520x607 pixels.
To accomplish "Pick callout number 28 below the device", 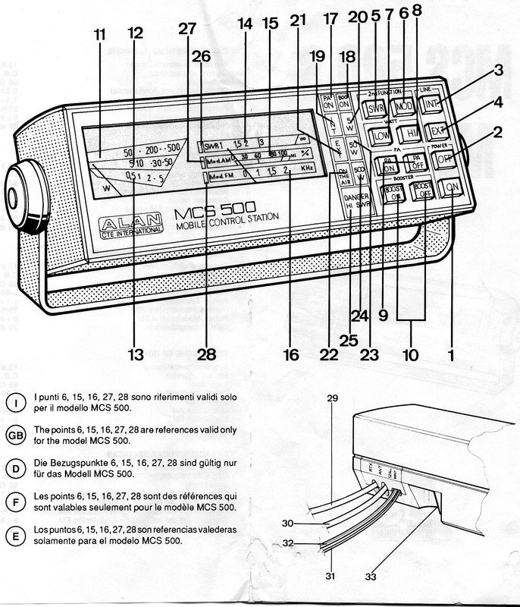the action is (207, 354).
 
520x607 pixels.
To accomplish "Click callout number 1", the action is (453, 352).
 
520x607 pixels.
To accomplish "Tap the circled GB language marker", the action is (16, 434).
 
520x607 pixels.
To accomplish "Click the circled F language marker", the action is (16, 502).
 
